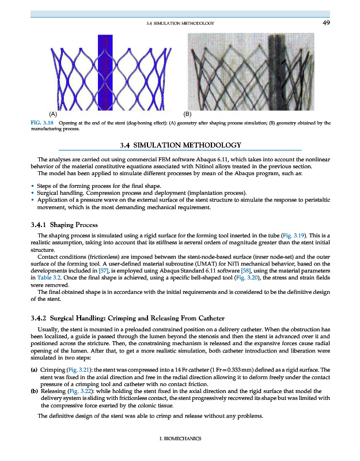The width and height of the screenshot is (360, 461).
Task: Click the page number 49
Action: (x=325, y=22)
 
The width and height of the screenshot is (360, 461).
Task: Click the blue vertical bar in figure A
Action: (x=105, y=69)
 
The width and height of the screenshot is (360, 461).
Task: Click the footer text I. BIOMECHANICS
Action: (x=180, y=439)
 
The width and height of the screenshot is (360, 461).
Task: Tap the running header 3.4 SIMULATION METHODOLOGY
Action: (x=181, y=23)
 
